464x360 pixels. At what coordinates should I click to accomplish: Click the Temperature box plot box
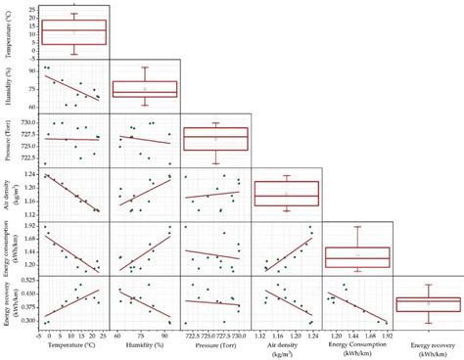click(x=74, y=32)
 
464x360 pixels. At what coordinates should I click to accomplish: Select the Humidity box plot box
click(x=144, y=88)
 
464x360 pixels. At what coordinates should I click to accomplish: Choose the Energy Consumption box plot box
click(x=357, y=256)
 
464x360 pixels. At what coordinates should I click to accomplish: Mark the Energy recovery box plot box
click(x=427, y=304)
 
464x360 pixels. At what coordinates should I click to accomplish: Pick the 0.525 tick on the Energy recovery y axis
click(x=27, y=281)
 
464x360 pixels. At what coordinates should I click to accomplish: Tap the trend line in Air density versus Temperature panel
click(x=73, y=193)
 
